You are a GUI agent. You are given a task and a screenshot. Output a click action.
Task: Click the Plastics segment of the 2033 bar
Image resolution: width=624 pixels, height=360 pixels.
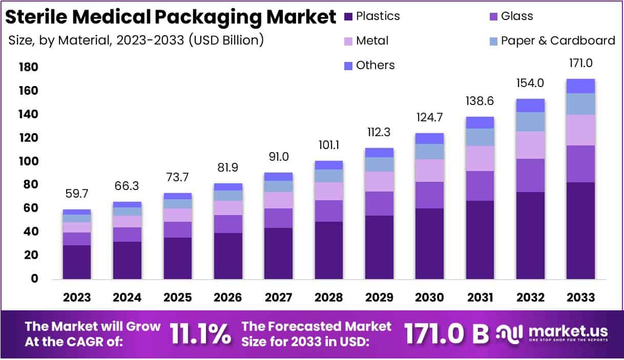point(580,230)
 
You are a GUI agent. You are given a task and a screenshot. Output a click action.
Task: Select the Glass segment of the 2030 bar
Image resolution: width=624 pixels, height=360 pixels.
point(429,195)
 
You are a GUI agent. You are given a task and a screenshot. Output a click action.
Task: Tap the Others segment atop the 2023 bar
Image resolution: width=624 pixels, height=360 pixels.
point(77,212)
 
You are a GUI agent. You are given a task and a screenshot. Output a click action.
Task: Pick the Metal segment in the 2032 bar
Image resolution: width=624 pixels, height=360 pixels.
point(530,145)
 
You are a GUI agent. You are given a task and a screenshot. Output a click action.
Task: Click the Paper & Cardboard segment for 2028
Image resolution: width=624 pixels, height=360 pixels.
point(328,176)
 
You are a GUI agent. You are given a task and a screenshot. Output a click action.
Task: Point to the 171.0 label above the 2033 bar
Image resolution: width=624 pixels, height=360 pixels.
point(580,63)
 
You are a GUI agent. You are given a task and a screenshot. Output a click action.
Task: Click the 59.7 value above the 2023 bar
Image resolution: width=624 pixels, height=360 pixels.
point(77,195)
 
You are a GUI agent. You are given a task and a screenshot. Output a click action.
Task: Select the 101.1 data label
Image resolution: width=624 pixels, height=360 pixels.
point(328,146)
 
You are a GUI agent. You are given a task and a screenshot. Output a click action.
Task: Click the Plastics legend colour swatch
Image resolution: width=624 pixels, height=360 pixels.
point(348,16)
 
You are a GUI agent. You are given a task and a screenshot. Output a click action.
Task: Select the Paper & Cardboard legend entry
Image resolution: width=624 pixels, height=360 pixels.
point(557,40)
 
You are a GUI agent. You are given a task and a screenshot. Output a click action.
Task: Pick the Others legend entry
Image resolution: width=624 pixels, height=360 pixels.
point(376,65)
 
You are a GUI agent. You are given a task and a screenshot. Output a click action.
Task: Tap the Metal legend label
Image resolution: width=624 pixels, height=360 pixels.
point(372,40)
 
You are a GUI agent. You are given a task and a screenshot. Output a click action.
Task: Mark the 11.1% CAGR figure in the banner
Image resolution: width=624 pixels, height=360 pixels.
point(199,334)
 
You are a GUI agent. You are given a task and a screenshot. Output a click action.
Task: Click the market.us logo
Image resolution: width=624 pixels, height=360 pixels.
point(553,334)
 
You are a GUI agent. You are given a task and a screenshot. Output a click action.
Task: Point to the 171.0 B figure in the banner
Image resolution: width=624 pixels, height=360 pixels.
point(446,334)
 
